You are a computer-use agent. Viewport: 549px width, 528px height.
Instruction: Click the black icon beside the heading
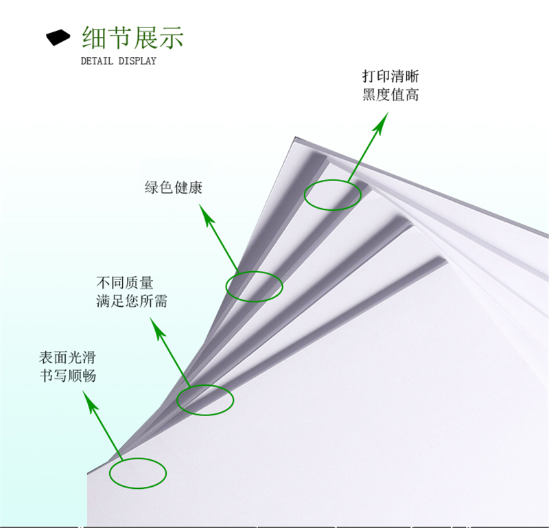click(x=58, y=37)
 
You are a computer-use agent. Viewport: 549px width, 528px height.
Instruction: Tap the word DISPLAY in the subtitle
click(x=137, y=61)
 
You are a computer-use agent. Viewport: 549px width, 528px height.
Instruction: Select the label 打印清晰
click(x=390, y=76)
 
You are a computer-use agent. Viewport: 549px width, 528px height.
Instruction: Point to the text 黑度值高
click(x=390, y=95)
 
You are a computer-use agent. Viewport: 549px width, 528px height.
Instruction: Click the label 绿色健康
click(x=173, y=187)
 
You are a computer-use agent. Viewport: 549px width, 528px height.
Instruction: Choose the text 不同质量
click(x=124, y=282)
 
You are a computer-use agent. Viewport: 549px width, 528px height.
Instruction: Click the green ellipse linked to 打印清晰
click(x=333, y=195)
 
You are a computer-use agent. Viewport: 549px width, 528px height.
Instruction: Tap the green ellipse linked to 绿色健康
click(x=254, y=286)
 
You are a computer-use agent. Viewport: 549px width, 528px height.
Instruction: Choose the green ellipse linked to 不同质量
click(x=205, y=400)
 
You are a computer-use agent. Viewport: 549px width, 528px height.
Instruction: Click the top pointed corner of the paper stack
click(x=296, y=137)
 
